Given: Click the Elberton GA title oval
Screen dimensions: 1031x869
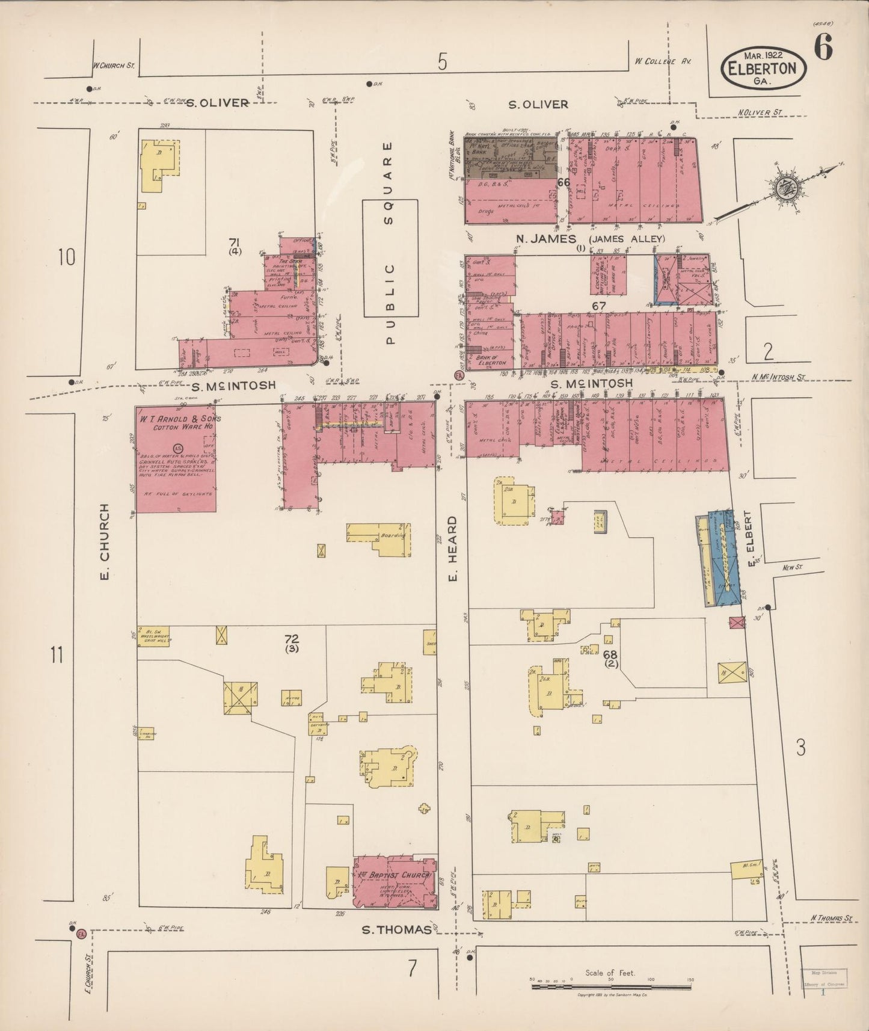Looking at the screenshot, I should [x=762, y=67].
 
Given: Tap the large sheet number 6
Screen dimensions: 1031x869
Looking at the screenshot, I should [x=823, y=48].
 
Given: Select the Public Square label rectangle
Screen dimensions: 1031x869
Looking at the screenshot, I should [x=390, y=258].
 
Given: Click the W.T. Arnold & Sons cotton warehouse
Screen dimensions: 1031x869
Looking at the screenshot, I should [x=175, y=460].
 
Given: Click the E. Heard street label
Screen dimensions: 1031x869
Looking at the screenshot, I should [x=453, y=549].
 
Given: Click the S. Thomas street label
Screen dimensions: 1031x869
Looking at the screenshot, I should [x=396, y=929].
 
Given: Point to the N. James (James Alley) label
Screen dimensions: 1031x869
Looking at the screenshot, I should [x=589, y=239].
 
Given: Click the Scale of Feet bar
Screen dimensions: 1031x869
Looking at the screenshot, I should [x=610, y=980].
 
